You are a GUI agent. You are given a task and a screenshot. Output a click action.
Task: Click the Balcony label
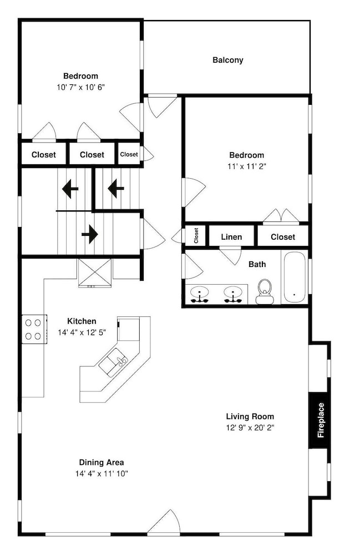coord(228,60)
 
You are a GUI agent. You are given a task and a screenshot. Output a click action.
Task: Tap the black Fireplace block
coord(320,420)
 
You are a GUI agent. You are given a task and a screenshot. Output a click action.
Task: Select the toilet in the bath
coord(265,292)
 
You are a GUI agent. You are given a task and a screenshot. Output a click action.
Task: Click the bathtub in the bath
coord(294,277)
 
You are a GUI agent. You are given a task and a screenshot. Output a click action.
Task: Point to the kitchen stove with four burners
coord(34,329)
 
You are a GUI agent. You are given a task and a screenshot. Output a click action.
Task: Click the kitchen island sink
coord(113,362)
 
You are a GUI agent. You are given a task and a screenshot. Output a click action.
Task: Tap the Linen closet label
coord(231,237)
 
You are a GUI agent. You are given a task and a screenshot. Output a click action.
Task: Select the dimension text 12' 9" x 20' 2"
coord(250,427)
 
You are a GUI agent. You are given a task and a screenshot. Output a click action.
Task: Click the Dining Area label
coord(102,462)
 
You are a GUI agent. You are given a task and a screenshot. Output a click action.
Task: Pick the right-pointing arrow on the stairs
coord(90,234)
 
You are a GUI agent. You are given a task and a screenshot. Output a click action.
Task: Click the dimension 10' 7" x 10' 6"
coord(80,87)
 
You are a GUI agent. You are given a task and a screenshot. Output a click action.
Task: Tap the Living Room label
coord(250,416)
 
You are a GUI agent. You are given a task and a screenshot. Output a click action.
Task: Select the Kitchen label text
coord(82,321)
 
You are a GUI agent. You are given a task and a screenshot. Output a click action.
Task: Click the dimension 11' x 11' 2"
coord(247,166)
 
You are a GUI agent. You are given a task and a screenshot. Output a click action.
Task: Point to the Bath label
coord(257,264)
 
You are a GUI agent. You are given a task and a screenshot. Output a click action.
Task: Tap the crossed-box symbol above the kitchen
coord(94,272)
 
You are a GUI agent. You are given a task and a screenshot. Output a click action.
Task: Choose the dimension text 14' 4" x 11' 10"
coord(102,473)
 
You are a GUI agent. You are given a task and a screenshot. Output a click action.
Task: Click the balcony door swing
coord(161,106)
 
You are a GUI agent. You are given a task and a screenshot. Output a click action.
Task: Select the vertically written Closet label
coord(196,235)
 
